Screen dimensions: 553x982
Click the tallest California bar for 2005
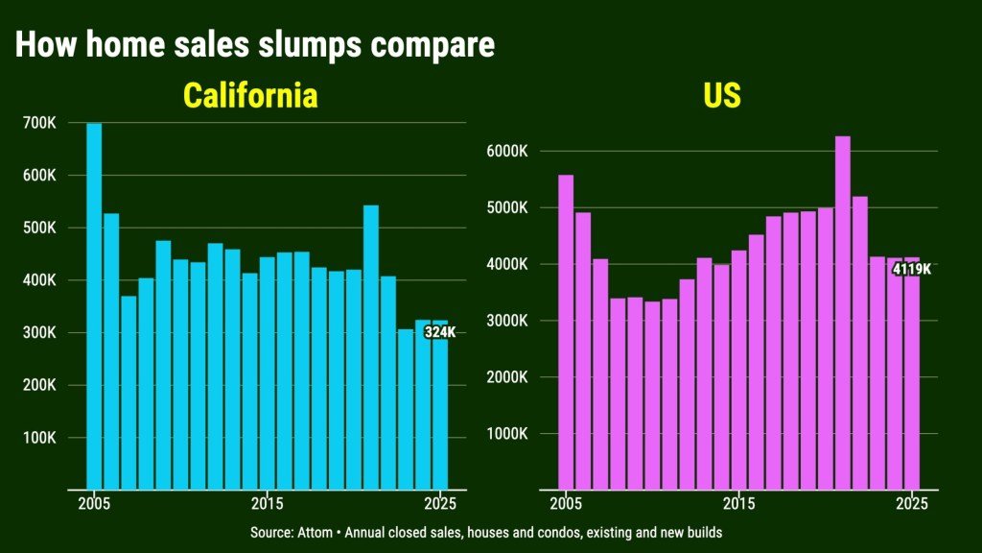[x=94, y=307]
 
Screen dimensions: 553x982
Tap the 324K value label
[x=439, y=332]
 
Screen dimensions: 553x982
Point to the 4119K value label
[x=911, y=270]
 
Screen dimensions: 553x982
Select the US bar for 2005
[x=566, y=332]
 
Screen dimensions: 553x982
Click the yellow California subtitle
[x=250, y=96]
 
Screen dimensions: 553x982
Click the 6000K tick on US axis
[x=509, y=152]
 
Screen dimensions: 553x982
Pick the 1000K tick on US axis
[x=509, y=434]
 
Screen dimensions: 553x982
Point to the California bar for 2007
[x=129, y=393]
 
